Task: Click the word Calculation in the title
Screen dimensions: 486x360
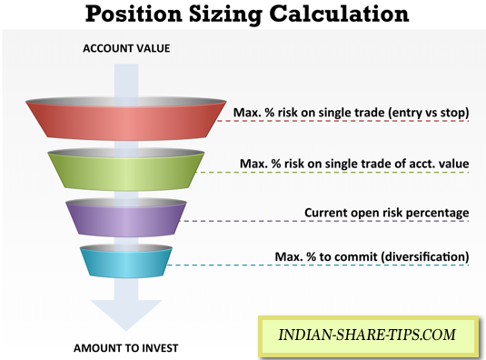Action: tap(339, 14)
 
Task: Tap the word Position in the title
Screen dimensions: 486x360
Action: tap(134, 14)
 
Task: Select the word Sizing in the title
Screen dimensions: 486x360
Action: tap(225, 15)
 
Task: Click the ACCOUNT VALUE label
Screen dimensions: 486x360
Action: tap(126, 48)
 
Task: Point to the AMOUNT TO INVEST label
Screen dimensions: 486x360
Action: tap(126, 348)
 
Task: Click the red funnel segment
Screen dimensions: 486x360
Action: tap(126, 119)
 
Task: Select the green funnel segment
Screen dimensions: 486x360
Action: tap(126, 169)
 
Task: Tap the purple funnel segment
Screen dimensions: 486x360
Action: tap(126, 217)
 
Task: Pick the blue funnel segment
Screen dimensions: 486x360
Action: tap(126, 261)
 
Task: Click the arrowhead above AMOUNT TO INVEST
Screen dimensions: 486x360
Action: tap(126, 314)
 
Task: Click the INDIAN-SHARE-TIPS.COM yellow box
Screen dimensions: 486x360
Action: tap(368, 335)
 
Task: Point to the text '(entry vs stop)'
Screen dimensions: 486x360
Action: tap(429, 112)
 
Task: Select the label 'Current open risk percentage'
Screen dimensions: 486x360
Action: tap(386, 213)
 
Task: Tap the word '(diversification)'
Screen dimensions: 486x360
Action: tap(424, 256)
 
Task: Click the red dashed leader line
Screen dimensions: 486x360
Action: tap(342, 121)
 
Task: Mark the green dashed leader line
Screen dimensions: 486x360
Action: tap(332, 172)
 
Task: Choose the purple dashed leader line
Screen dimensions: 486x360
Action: tap(324, 221)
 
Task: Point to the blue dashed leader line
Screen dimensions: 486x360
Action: tap(318, 265)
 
